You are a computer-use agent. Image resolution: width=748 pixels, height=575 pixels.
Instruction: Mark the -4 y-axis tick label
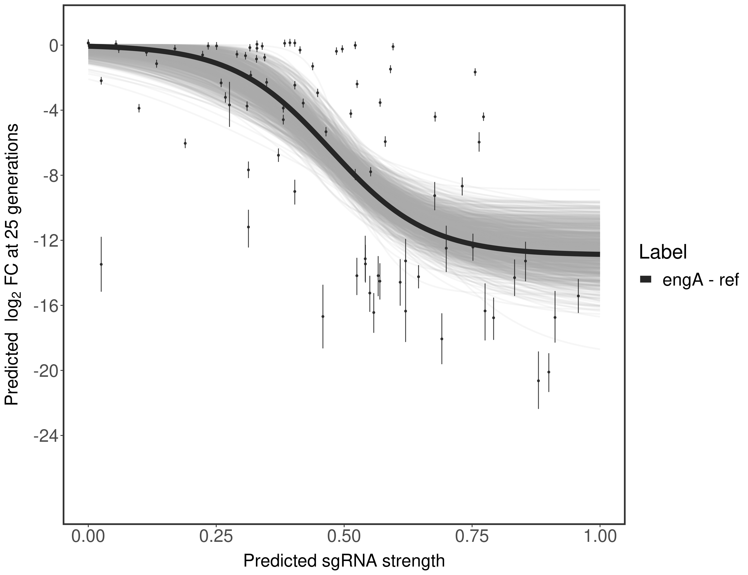(x=49, y=111)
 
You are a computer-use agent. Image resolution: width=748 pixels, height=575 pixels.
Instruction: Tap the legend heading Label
(x=663, y=253)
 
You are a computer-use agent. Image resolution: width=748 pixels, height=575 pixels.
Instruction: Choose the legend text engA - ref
(x=700, y=280)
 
